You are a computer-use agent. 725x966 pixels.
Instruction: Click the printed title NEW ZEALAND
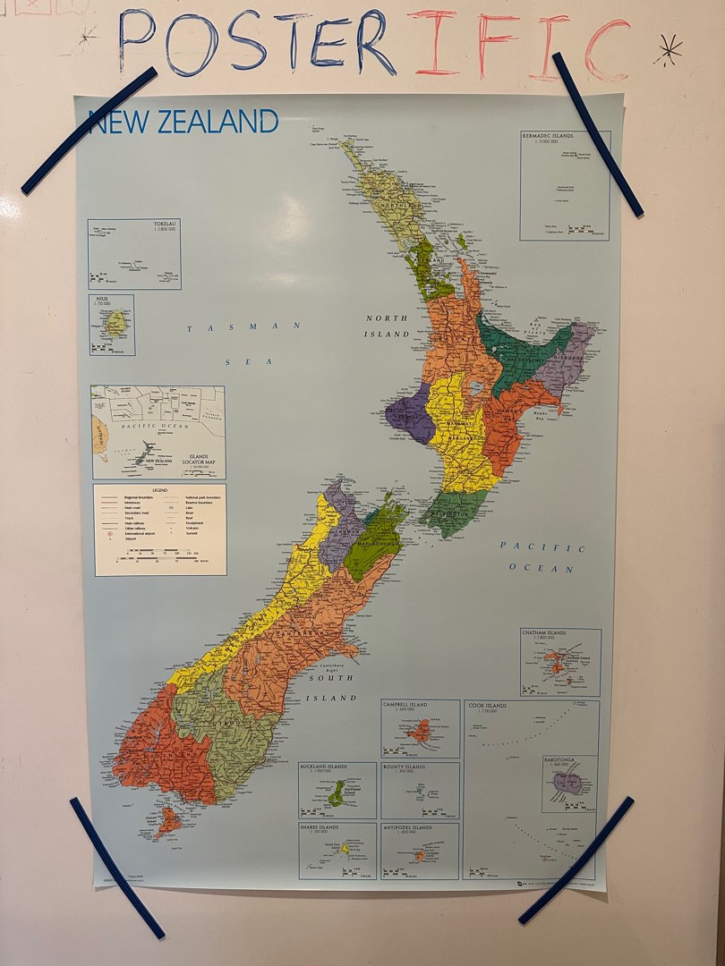[x=183, y=121]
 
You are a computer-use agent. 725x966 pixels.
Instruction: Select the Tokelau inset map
[x=134, y=254]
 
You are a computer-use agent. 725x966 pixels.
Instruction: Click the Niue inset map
[x=112, y=325]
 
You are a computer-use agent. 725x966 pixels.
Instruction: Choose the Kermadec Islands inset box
[x=565, y=185]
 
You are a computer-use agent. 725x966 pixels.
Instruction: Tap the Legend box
[x=160, y=530]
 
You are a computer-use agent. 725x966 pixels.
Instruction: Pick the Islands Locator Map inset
[x=158, y=432]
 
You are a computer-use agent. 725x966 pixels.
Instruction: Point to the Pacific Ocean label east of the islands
[x=542, y=556]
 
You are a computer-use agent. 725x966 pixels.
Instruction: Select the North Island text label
[x=387, y=326]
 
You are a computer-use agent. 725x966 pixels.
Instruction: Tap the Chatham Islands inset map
[x=561, y=663]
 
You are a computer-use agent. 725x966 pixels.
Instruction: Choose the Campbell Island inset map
[x=420, y=729]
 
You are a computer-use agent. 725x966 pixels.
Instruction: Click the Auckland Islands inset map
[x=337, y=791]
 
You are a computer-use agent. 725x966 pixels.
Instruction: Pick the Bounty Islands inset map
[x=420, y=791]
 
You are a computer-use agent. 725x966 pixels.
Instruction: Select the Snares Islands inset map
[x=337, y=851]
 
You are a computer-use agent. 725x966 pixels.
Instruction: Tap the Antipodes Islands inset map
[x=420, y=851]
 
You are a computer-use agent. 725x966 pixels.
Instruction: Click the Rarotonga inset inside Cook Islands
[x=569, y=784]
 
